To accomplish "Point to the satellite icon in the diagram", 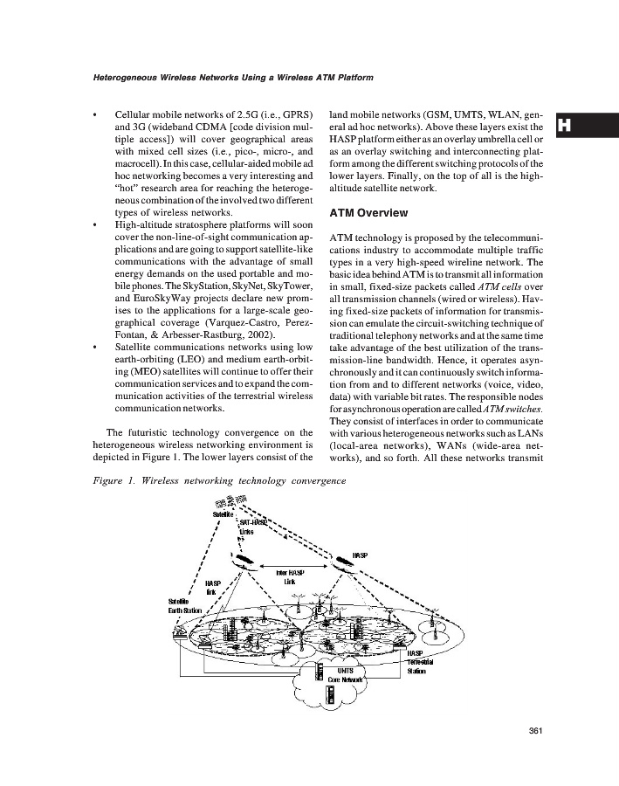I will pyautogui.click(x=230, y=501).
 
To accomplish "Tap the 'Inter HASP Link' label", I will pyautogui.click(x=289, y=576).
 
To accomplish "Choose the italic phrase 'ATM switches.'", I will pyautogui.click(x=507, y=407).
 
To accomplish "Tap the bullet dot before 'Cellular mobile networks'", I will pyautogui.click(x=94, y=114).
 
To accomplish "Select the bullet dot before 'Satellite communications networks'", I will pyautogui.click(x=94, y=347).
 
